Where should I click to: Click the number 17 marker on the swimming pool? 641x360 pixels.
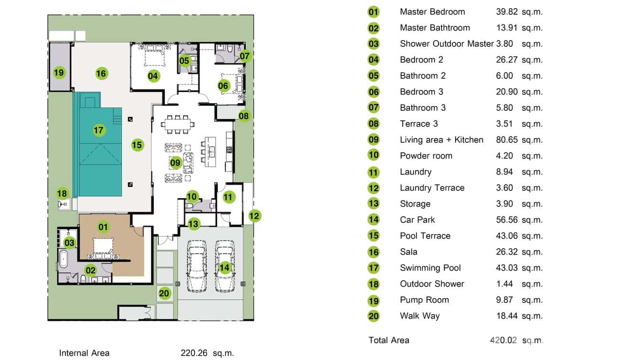tap(99, 130)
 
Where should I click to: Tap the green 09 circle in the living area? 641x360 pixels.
tap(176, 163)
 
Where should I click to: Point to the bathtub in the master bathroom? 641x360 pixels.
tap(64, 261)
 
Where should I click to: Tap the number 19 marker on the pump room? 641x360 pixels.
tap(59, 73)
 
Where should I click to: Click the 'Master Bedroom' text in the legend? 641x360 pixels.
tap(432, 12)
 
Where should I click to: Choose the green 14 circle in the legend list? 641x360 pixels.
tap(374, 220)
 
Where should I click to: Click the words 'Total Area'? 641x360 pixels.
tap(389, 340)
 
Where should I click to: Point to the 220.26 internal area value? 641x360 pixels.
tap(194, 353)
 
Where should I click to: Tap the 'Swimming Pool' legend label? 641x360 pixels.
tap(430, 268)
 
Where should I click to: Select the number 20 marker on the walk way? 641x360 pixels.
tap(164, 294)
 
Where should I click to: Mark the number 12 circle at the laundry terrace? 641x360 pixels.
tap(255, 216)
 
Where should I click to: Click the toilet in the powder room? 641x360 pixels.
tap(191, 206)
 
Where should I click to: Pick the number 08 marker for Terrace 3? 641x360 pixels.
tap(244, 116)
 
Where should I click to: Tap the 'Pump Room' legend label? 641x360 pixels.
tap(424, 300)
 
